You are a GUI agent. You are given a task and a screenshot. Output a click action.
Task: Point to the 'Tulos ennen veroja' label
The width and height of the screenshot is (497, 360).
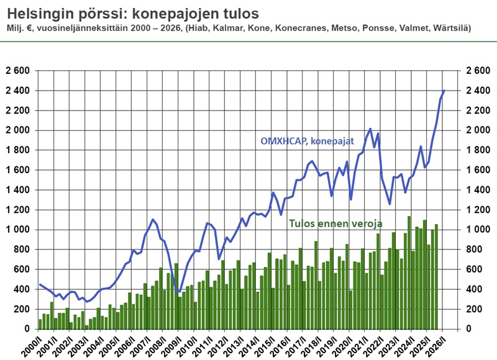click(x=335, y=223)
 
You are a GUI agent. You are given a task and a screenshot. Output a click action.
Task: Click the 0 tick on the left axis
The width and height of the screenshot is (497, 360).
click(x=28, y=329)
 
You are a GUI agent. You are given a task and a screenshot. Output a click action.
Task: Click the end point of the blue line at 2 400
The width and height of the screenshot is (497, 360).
click(x=444, y=91)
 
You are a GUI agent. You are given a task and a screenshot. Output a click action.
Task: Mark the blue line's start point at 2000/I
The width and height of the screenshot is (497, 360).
click(x=40, y=285)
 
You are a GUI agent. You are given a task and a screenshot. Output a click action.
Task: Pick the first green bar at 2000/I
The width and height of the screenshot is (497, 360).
click(x=40, y=324)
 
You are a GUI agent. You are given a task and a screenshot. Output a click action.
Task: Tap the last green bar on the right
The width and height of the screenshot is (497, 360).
click(x=436, y=276)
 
